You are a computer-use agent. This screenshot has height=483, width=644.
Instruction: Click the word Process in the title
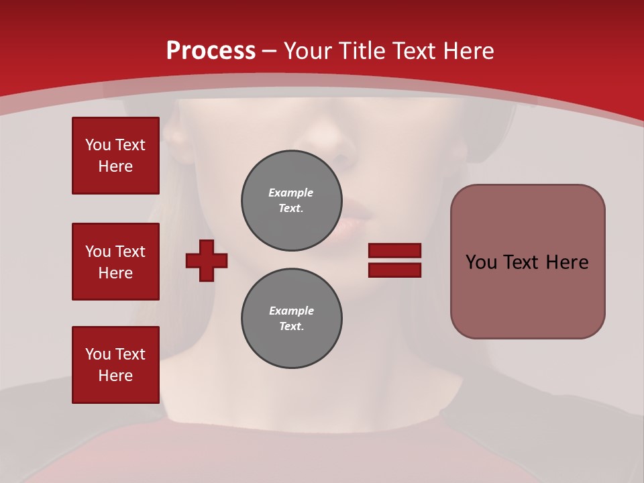[211, 51]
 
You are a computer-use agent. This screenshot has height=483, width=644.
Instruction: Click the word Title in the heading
[362, 51]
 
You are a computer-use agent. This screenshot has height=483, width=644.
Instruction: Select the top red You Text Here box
[115, 156]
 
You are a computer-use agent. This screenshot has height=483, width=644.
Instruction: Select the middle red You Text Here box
[115, 262]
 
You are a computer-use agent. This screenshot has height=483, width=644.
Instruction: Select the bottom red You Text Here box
[115, 365]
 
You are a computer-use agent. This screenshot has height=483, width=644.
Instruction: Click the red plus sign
[207, 260]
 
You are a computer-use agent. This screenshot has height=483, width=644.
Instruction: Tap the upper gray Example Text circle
[291, 201]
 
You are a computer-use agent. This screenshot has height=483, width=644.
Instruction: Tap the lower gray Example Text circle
[291, 319]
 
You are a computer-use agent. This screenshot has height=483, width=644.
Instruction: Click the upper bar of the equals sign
[394, 251]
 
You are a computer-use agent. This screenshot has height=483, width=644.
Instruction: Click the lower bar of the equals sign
[394, 270]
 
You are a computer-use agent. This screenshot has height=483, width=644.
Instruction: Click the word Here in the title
[470, 51]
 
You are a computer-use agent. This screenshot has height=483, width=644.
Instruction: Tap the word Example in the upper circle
[291, 193]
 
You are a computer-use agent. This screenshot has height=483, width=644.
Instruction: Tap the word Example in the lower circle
[291, 311]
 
